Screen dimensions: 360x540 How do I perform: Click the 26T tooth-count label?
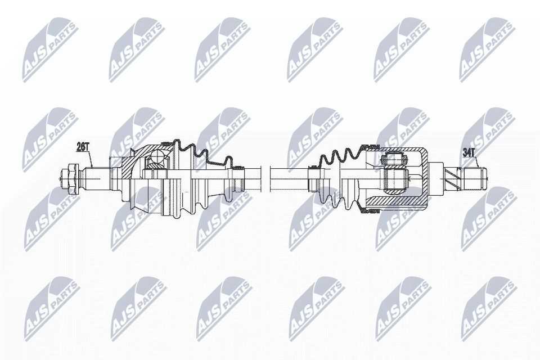[x=83, y=147]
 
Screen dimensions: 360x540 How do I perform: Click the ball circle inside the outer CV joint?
[x=155, y=161]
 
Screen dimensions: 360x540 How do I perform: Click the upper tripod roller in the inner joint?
[x=394, y=159]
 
